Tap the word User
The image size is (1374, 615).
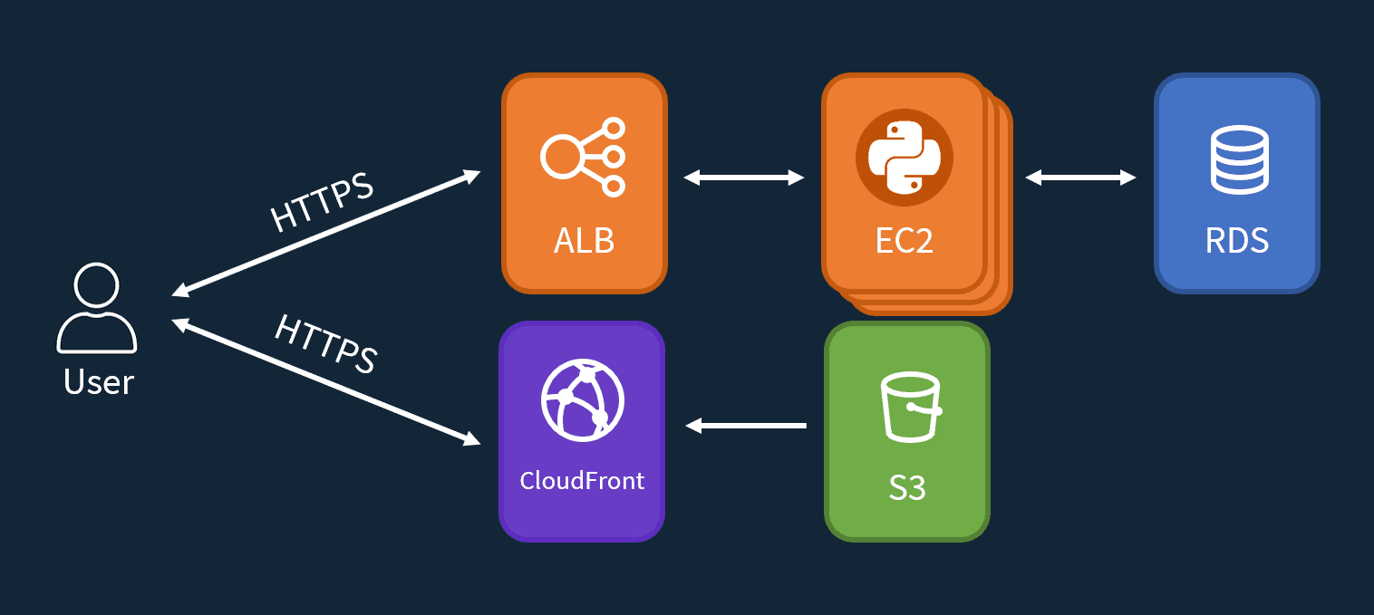pos(99,382)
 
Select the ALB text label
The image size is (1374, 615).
pos(585,241)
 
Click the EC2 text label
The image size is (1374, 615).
pos(904,241)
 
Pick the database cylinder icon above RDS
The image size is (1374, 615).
pos(1237,159)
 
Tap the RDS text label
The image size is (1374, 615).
pos(1237,241)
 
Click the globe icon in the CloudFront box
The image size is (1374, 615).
pos(583,399)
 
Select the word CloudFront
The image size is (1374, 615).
pos(582,480)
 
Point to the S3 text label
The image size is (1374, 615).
pos(907,488)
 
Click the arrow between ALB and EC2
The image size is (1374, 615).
pos(744,178)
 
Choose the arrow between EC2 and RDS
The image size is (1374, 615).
pos(1080,178)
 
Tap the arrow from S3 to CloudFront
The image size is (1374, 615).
pos(746,425)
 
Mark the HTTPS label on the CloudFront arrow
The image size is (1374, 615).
pos(325,343)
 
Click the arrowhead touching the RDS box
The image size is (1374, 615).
pos(1128,178)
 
